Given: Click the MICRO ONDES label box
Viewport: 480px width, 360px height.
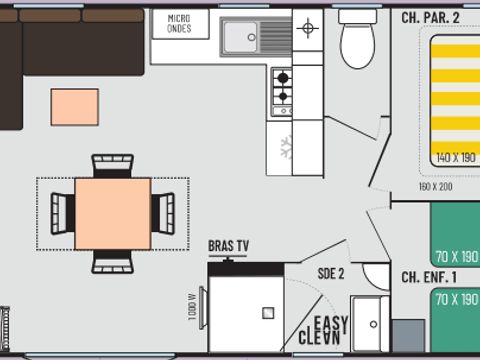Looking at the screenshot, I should (x=180, y=24).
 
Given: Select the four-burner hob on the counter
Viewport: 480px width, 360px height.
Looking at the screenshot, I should (x=283, y=87).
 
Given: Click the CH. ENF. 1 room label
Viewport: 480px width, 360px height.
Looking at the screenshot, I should (x=428, y=277).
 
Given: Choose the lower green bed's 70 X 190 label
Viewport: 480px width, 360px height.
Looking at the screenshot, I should (x=456, y=299).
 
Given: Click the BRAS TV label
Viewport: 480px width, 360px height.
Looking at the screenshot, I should (x=229, y=245).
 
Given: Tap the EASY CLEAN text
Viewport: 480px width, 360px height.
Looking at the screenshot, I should (x=326, y=331).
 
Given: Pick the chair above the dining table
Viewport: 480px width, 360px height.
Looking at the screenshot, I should (x=112, y=165).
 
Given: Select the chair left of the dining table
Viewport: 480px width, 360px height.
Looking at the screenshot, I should (x=64, y=210).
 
